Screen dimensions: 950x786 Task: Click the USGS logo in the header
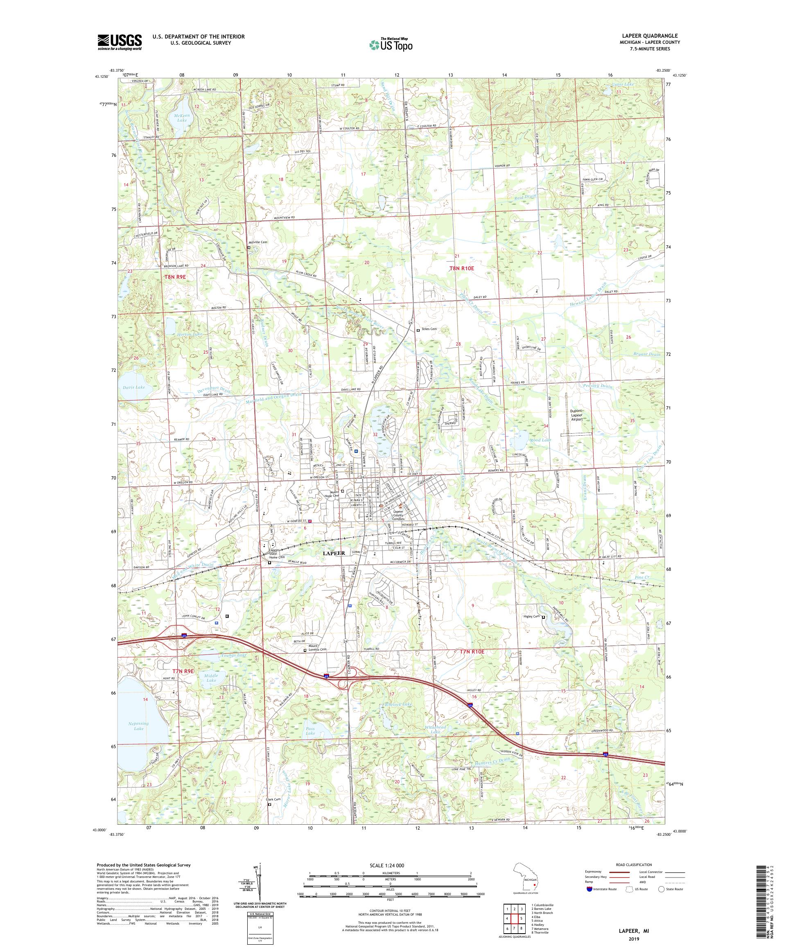120,43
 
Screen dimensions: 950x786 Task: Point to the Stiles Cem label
429,329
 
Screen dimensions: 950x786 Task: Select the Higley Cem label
531,617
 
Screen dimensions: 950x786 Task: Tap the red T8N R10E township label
462,268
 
